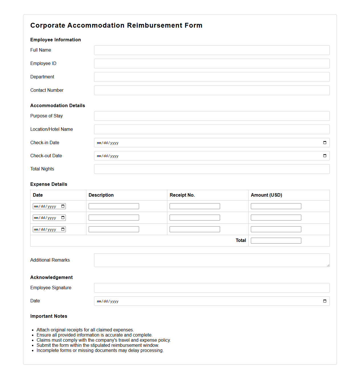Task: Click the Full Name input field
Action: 211,50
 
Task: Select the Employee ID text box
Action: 211,64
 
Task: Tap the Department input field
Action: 211,77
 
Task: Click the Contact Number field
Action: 211,90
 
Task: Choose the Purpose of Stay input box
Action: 211,116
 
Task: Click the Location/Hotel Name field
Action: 211,129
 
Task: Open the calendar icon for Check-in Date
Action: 325,143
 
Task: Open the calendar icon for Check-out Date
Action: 325,156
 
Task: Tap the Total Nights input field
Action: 211,169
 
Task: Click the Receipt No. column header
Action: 182,195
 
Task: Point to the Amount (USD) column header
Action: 266,195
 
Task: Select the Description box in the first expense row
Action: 114,206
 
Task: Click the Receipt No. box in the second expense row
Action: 195,218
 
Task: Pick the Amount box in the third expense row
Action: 276,229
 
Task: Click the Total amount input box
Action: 276,241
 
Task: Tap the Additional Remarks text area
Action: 211,260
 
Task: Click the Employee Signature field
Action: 211,288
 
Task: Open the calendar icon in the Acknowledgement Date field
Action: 325,301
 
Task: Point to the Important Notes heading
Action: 49,316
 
